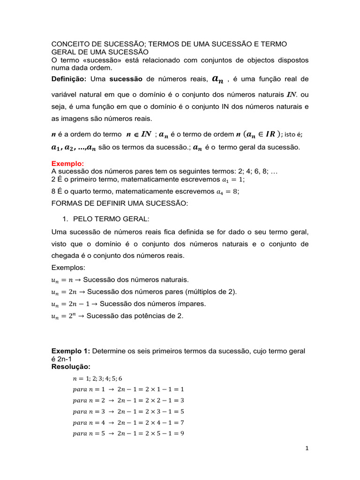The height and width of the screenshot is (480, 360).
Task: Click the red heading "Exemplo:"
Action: [x=67, y=164]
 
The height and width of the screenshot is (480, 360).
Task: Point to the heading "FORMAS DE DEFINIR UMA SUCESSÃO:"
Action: [x=119, y=203]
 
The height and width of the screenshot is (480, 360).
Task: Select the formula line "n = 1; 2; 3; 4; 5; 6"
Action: [x=97, y=378]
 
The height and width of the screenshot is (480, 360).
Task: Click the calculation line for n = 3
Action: [x=128, y=412]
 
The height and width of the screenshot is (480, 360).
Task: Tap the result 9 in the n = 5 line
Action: [x=182, y=434]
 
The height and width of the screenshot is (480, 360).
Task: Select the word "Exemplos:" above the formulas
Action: [x=68, y=268]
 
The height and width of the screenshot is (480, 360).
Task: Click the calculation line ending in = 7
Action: [x=128, y=423]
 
